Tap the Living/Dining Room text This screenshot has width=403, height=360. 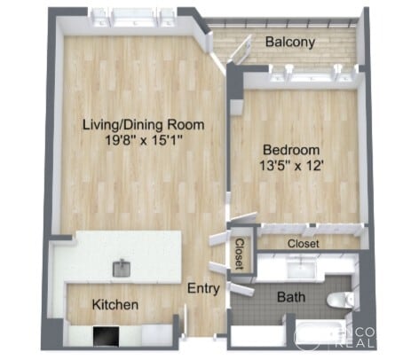click(x=142, y=125)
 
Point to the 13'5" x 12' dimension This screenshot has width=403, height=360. click(x=292, y=165)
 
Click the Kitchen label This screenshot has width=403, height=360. click(x=115, y=305)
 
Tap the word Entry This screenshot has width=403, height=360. click(x=203, y=288)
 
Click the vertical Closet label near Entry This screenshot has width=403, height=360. click(x=239, y=254)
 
